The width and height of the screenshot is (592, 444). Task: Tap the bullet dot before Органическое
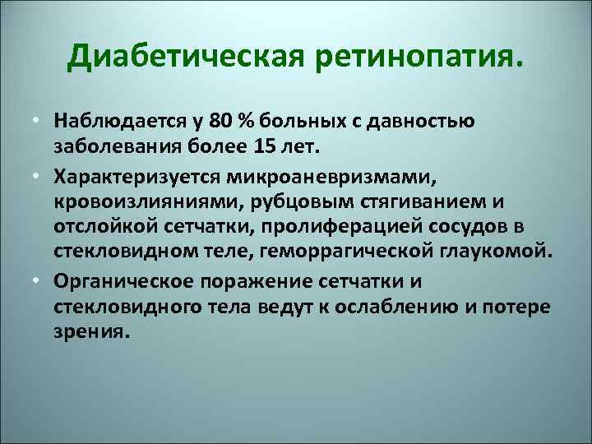39,281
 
